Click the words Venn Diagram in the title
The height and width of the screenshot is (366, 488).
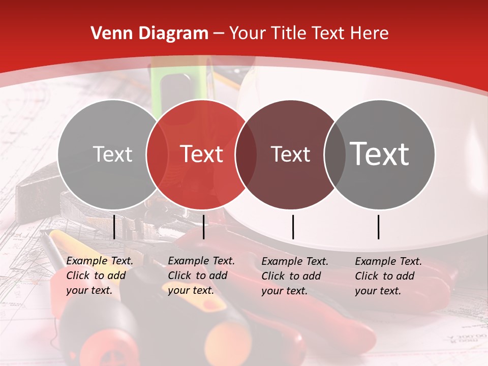pos(149,34)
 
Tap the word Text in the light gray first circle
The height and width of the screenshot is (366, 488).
pos(113,154)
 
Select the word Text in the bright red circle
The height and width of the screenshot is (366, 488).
pos(202,154)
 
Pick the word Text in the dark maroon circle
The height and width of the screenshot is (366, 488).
pos(290,154)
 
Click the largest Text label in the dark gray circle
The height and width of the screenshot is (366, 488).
pos(380,154)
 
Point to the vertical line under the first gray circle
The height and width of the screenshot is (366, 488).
pos(114,227)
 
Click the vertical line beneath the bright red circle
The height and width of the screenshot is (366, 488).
pos(203,227)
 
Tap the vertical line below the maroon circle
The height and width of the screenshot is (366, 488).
pos(293,227)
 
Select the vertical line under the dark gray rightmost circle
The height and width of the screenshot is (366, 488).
pos(379,227)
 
